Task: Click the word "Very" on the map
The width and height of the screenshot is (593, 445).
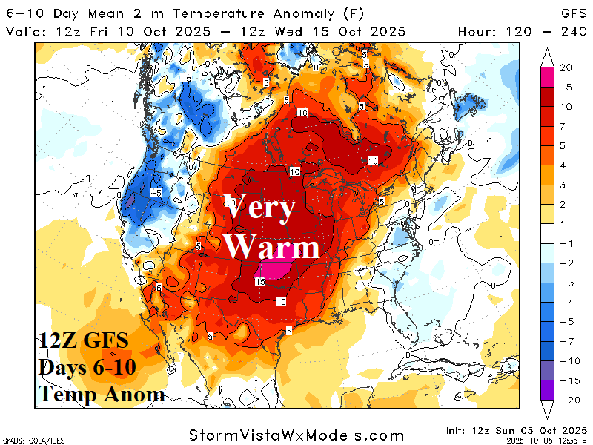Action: (x=260, y=208)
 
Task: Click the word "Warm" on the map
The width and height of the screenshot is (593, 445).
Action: (x=271, y=246)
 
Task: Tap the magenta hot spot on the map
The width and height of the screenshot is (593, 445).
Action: (x=274, y=269)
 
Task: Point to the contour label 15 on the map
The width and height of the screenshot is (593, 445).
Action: (x=260, y=282)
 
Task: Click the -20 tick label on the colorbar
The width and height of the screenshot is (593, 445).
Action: (x=565, y=400)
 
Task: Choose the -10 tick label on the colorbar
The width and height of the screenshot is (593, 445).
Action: (x=565, y=361)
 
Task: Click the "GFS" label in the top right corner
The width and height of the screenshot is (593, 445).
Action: (x=572, y=13)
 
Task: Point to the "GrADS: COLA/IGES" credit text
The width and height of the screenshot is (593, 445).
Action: (x=33, y=439)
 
